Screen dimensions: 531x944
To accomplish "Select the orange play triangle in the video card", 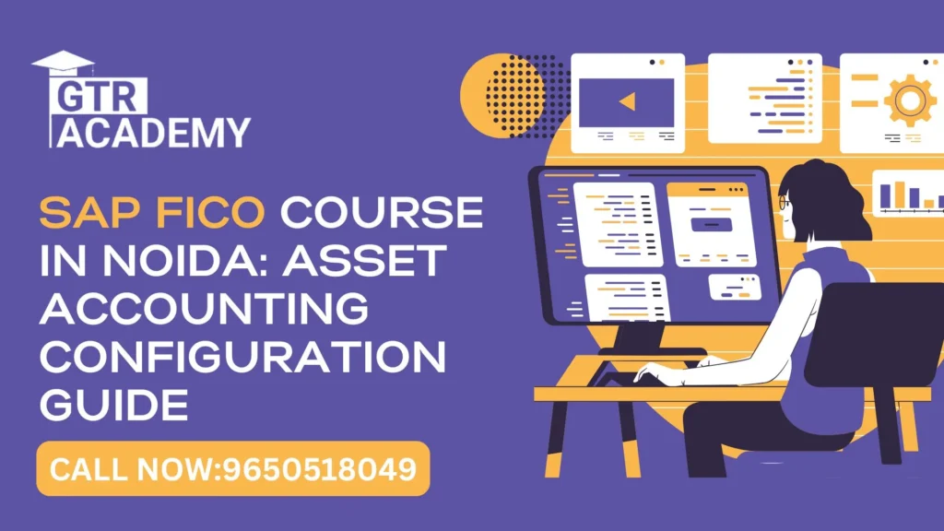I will click(x=627, y=101).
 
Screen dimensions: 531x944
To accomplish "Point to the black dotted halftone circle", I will click(x=516, y=96).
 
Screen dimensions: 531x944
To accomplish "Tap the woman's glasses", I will click(x=785, y=202).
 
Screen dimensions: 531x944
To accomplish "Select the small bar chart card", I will click(x=907, y=195).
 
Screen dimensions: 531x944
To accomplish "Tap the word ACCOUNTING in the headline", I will click(x=203, y=310).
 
